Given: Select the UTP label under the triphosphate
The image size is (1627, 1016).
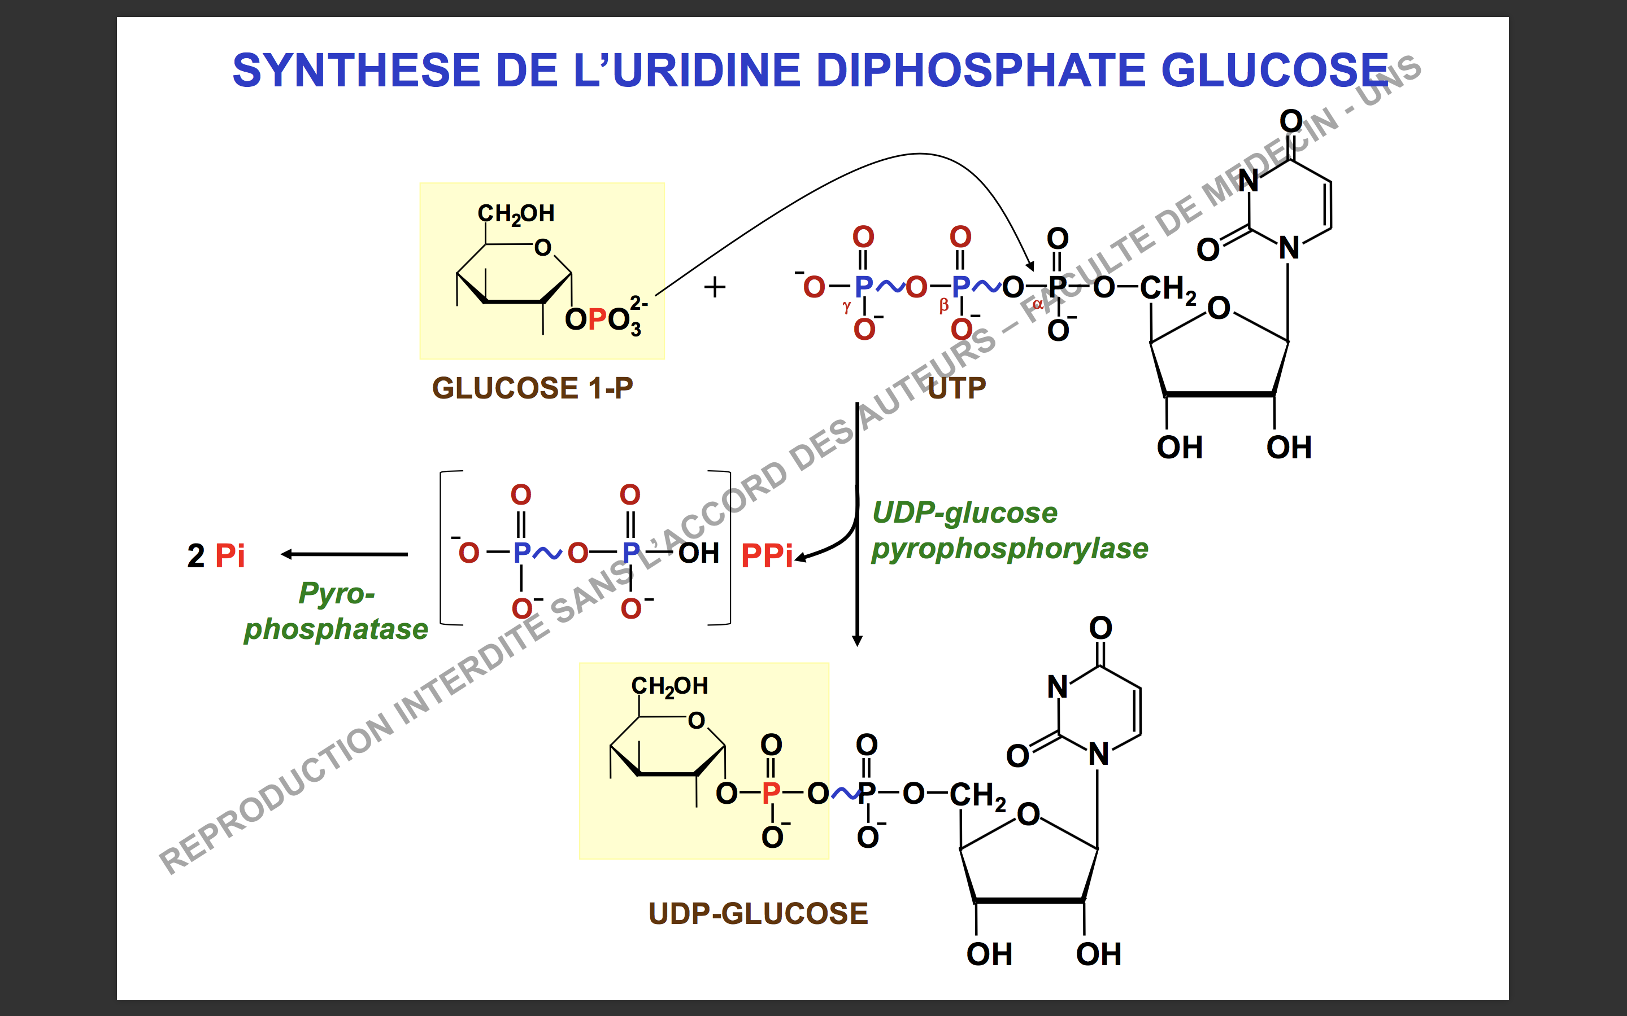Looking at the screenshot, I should pos(956,388).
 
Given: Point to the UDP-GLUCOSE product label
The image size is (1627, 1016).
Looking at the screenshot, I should pos(758,914).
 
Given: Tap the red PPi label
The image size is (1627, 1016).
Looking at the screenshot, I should pos(767,557).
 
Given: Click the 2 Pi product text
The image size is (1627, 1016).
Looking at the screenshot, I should pos(216,557).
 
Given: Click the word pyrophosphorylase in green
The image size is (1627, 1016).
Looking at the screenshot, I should pos(1010,549).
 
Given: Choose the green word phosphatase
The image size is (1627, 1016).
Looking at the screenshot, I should pos(336,629).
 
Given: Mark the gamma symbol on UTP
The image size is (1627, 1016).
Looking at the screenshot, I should pos(846,307).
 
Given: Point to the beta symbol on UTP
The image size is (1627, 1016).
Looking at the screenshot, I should pos(944,306).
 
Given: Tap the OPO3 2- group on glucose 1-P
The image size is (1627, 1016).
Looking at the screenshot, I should pos(604,318).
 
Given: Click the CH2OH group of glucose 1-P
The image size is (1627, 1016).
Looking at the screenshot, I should pos(516,214).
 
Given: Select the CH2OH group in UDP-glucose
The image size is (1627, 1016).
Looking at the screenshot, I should pos(669,686).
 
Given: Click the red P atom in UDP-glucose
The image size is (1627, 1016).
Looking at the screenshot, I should pos(771,794).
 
